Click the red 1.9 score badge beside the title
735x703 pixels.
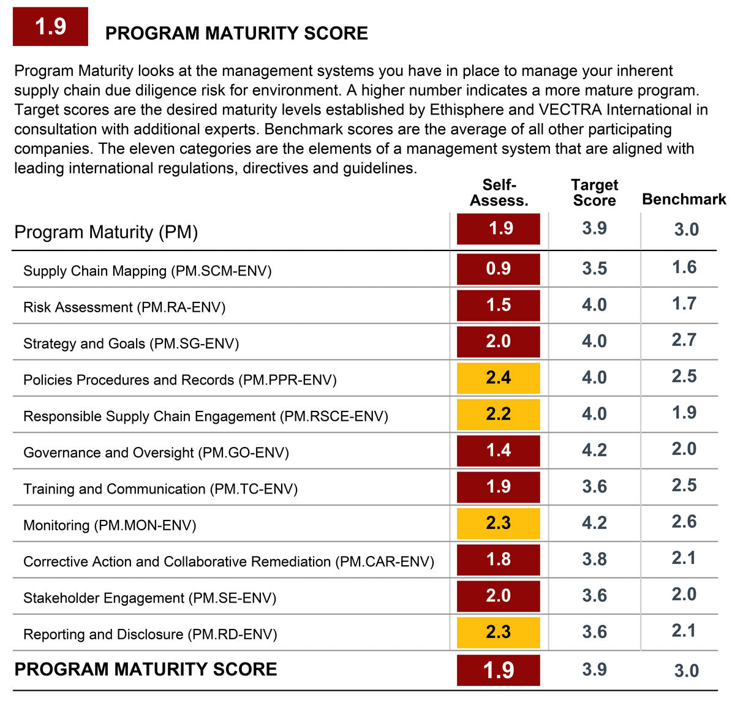click(x=50, y=26)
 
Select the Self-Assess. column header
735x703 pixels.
click(x=499, y=192)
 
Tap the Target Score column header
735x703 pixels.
click(x=594, y=192)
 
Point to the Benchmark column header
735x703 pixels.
click(x=684, y=199)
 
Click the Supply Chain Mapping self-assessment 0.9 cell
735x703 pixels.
click(x=498, y=269)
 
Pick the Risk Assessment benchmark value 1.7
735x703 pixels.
click(x=684, y=304)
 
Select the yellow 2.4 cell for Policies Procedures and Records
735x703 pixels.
click(x=498, y=378)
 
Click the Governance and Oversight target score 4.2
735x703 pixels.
click(x=594, y=450)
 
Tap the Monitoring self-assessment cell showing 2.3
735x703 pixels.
click(x=498, y=523)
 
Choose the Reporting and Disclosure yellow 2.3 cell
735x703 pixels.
click(x=498, y=632)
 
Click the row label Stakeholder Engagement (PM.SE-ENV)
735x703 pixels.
click(x=149, y=598)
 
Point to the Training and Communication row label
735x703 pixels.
click(x=160, y=489)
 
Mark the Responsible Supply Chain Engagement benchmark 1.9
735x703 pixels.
click(x=684, y=413)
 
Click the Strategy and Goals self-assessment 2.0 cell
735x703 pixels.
click(x=498, y=341)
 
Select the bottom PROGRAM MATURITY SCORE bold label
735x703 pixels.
click(x=146, y=669)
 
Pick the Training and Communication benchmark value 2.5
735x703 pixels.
click(x=684, y=486)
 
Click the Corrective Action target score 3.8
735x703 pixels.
click(x=594, y=559)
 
